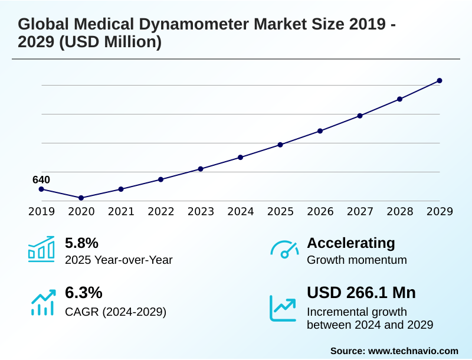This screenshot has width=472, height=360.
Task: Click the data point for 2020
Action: (x=81, y=198)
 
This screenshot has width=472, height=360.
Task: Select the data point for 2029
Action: (x=440, y=80)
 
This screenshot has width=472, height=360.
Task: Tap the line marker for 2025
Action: (x=280, y=145)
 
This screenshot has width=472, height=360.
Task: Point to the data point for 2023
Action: (x=201, y=169)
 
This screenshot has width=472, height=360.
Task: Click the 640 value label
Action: (x=41, y=179)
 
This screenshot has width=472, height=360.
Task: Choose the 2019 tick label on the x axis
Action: (x=41, y=211)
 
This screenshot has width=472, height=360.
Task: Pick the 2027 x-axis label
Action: (x=360, y=211)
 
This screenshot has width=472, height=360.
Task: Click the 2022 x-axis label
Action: (x=160, y=211)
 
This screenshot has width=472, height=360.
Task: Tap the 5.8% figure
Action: (x=81, y=243)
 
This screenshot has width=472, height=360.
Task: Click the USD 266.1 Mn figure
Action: (x=361, y=293)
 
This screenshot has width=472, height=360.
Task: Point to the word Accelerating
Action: (x=351, y=243)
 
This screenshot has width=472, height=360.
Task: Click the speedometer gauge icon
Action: (x=284, y=250)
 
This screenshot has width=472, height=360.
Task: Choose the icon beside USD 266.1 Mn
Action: (x=283, y=307)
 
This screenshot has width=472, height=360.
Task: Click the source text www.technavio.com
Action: (x=413, y=351)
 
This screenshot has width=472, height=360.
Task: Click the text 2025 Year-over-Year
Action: (x=118, y=260)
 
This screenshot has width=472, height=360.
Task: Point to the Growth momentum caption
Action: (x=357, y=260)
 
